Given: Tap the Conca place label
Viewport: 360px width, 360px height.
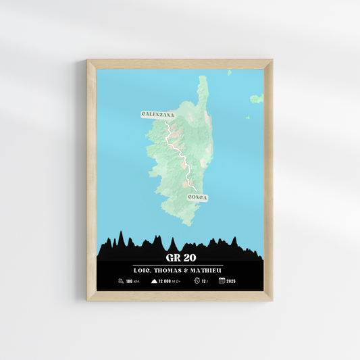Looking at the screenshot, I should pyautogui.click(x=197, y=198).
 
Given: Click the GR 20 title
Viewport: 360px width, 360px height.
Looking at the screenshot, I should pyautogui.click(x=179, y=257).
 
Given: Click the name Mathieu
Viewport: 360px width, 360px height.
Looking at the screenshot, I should pyautogui.click(x=206, y=269).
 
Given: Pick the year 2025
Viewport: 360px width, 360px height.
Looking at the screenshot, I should pyautogui.click(x=232, y=280).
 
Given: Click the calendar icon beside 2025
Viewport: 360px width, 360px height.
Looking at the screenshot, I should pyautogui.click(x=222, y=280).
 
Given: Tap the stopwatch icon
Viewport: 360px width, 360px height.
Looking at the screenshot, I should pyautogui.click(x=196, y=280).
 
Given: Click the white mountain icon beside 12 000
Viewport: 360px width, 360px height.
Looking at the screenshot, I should pyautogui.click(x=154, y=280).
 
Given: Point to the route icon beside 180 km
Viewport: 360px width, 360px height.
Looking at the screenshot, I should pyautogui.click(x=120, y=280).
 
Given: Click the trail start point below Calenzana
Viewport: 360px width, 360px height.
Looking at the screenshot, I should pyautogui.click(x=166, y=122).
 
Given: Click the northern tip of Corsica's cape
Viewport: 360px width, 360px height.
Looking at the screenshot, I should pyautogui.click(x=202, y=77).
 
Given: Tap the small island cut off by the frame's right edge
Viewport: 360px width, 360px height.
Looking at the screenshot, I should pyautogui.click(x=257, y=99).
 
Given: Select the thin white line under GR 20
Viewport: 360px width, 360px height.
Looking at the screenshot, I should pyautogui.click(x=179, y=265).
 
